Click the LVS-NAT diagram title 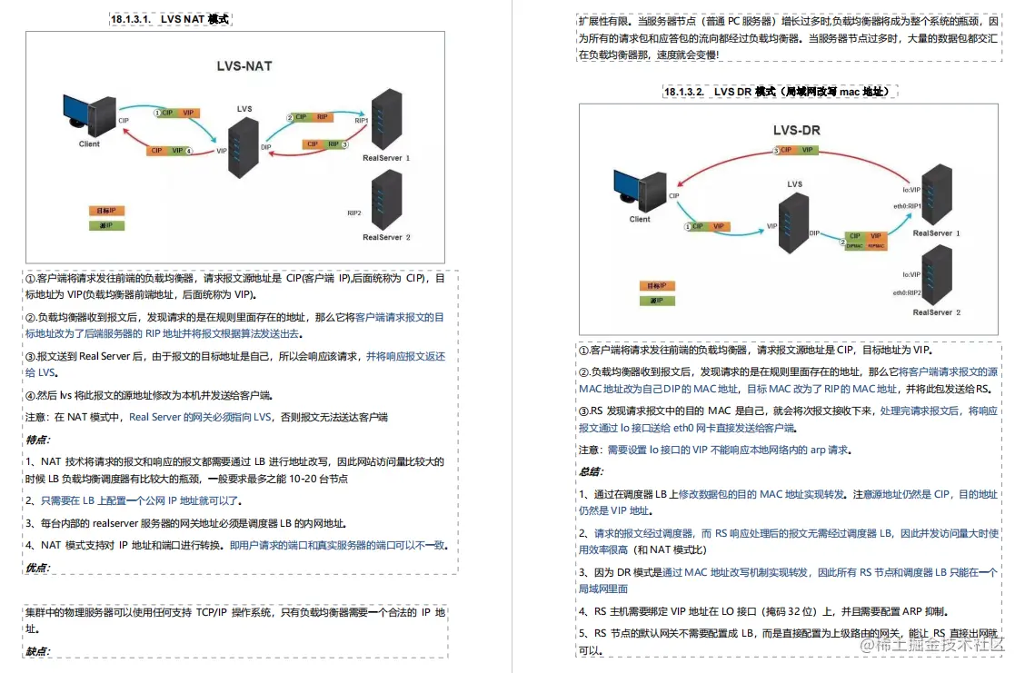(x=244, y=66)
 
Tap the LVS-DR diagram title (x=796, y=130)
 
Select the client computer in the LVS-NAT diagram (x=90, y=114)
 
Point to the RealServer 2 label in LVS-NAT (x=387, y=237)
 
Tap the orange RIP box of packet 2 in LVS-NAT (x=323, y=117)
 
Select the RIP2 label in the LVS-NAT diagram (x=354, y=213)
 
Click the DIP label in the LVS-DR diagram (x=814, y=233)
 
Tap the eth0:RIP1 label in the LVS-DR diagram (x=907, y=206)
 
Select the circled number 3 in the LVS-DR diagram (x=776, y=151)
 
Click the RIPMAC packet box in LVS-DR (x=876, y=244)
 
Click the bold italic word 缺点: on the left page (x=38, y=651)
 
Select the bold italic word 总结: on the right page (x=592, y=471)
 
